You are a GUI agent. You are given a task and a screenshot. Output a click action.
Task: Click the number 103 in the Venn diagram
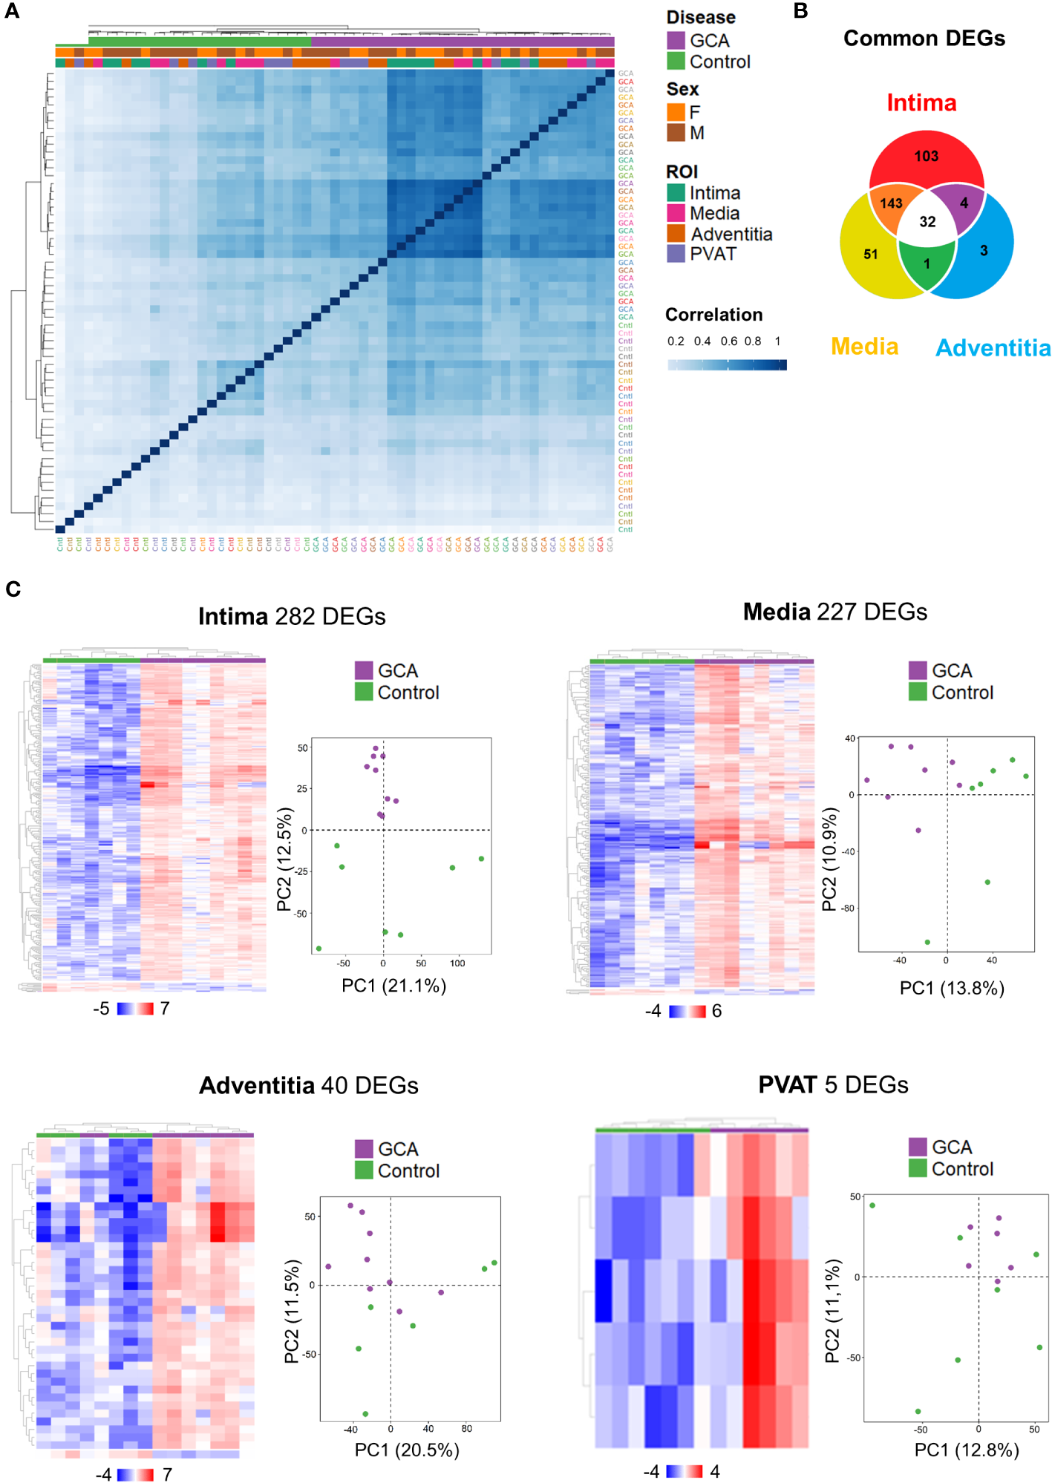click(926, 157)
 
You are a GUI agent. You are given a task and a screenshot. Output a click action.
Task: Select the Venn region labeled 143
click(891, 203)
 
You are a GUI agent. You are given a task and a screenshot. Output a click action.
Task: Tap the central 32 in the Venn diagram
click(927, 222)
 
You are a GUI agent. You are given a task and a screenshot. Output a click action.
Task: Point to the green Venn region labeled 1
click(927, 264)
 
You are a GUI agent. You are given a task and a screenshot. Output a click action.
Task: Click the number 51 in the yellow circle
click(871, 255)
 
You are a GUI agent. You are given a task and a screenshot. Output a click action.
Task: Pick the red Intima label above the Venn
click(921, 103)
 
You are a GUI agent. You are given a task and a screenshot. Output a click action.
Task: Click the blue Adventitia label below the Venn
click(993, 348)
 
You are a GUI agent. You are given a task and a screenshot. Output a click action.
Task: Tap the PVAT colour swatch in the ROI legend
click(676, 254)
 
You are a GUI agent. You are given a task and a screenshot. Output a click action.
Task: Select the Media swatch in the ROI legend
click(676, 214)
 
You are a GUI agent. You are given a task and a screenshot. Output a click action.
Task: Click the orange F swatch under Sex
click(676, 112)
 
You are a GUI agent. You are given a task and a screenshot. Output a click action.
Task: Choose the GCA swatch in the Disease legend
click(676, 41)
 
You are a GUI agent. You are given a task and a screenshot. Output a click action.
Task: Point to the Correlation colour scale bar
click(727, 364)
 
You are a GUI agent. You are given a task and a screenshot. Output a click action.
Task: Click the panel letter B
click(800, 11)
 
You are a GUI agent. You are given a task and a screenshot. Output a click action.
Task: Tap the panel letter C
click(13, 589)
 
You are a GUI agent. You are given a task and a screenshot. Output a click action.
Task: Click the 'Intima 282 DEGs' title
click(292, 617)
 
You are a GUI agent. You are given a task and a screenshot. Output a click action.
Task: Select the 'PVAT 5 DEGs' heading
click(833, 1085)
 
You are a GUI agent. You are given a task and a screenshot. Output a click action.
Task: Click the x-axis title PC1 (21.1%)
click(393, 986)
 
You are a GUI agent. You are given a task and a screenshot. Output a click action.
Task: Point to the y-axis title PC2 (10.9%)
click(829, 860)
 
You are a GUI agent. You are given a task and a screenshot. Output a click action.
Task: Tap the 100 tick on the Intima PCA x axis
click(457, 963)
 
